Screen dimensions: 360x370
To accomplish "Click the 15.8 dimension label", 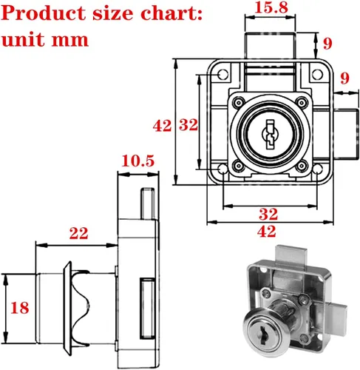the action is [x=271, y=7].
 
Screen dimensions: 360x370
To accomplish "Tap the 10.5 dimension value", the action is [x=138, y=161].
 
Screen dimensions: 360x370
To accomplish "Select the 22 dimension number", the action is [x=78, y=233].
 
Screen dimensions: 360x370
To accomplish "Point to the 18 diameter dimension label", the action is [x=20, y=308].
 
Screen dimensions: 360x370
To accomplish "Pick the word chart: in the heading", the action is [x=171, y=13].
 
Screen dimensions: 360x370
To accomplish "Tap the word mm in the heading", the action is [x=70, y=40].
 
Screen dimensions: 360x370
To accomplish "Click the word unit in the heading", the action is [x=24, y=39].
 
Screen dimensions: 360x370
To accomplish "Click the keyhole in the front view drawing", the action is [x=270, y=135].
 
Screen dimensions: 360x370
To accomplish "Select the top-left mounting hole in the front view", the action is [x=223, y=74].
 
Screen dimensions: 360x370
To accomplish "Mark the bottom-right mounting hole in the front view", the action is [x=317, y=169].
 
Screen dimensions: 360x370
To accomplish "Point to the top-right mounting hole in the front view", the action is [x=317, y=74].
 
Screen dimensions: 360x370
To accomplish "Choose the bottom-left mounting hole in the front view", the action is [x=223, y=169].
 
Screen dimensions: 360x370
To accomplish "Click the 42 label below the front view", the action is [x=266, y=232].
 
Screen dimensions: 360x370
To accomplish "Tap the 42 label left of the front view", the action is [x=162, y=126].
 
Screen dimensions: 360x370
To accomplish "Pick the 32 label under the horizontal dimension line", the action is [x=268, y=214].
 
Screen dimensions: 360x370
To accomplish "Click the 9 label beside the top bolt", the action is [x=327, y=44].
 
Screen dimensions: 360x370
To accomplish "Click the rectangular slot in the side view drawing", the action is [x=147, y=309].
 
